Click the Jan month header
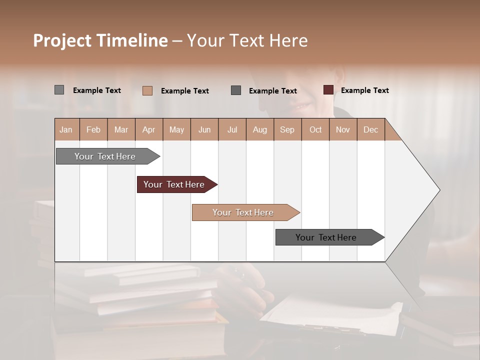tap(66, 130)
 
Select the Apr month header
tap(149, 130)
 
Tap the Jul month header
tap(232, 130)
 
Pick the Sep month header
tap(287, 130)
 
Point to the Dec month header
tap(370, 130)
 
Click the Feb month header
tap(93, 130)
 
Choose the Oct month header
tap(315, 130)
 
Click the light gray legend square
tap(59, 90)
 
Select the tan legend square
tap(147, 90)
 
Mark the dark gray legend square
tap(236, 90)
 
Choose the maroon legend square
tap(328, 90)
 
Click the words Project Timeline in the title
tap(100, 40)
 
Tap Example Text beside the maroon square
tap(364, 90)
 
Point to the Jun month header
tap(204, 130)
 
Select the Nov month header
tap(343, 130)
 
